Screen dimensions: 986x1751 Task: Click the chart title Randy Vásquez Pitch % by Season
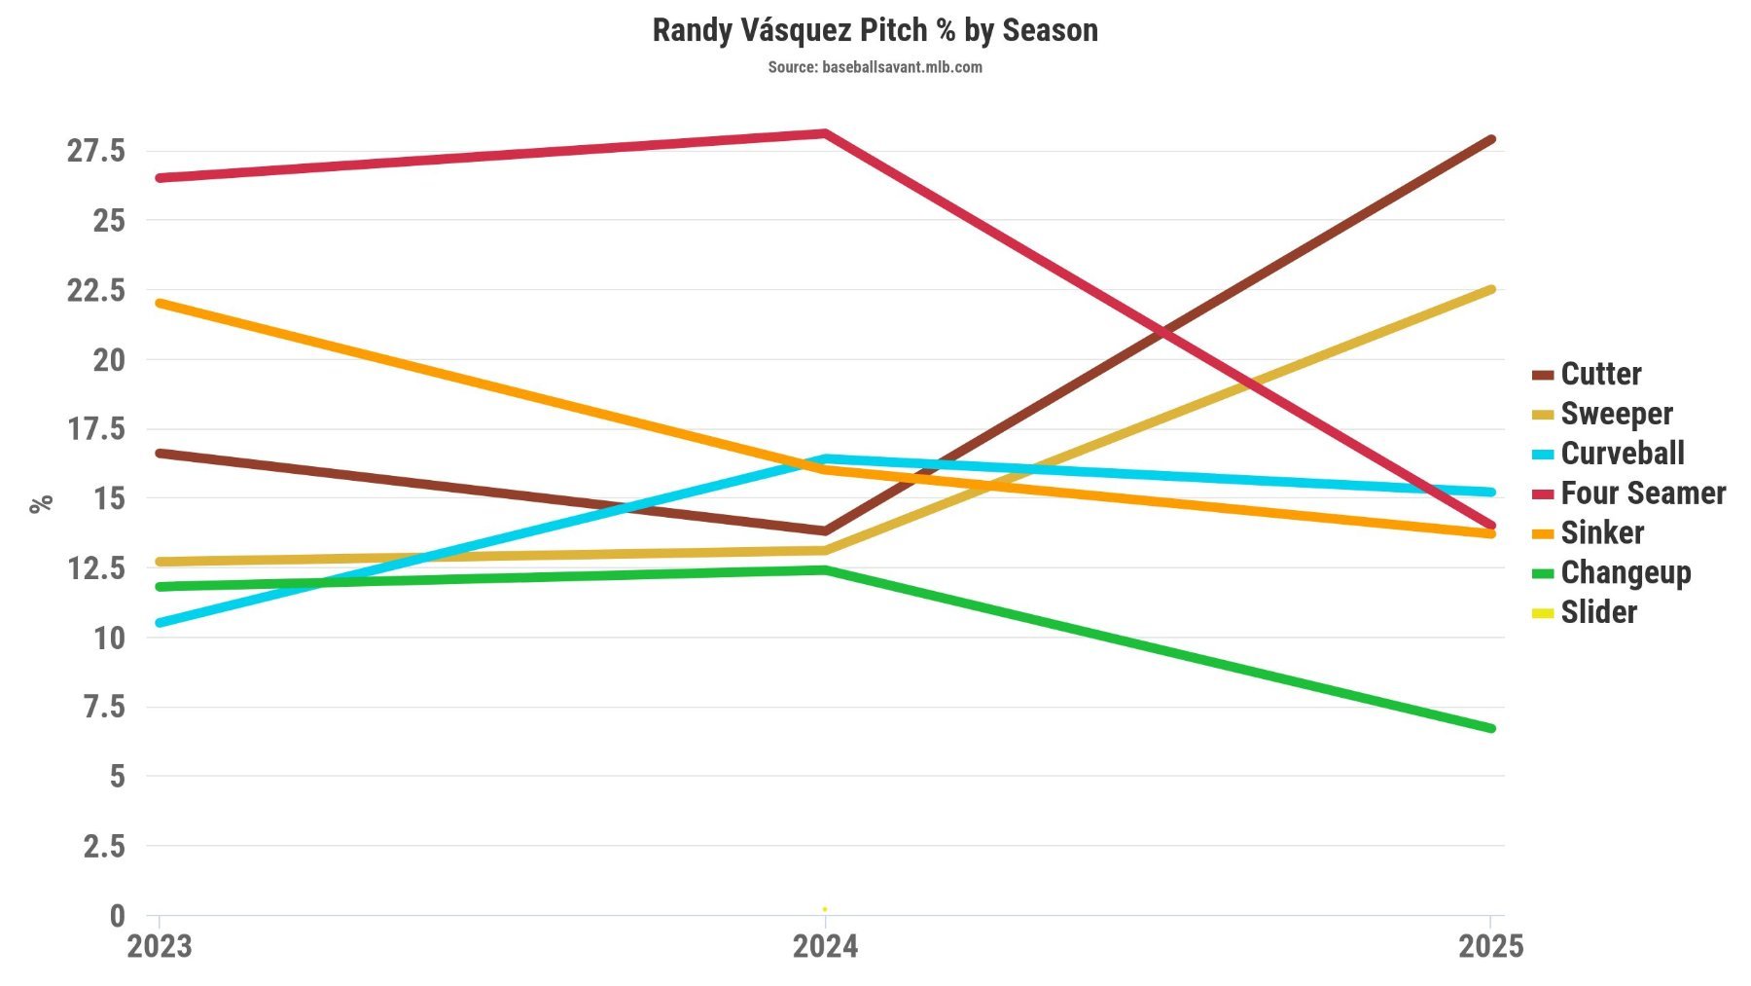[875, 30]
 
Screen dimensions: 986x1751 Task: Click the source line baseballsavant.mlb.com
[875, 67]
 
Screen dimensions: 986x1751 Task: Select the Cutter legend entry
[1600, 374]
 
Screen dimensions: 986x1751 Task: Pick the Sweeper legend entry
[1616, 414]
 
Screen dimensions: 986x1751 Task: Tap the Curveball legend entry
[1622, 454]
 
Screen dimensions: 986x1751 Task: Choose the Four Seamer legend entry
[1642, 493]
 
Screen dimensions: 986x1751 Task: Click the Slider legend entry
[1598, 612]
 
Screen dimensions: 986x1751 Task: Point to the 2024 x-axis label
[825, 946]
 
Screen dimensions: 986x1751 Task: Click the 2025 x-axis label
[1490, 946]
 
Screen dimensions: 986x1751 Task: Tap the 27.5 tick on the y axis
[96, 151]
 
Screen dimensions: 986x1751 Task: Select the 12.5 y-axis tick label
[96, 568]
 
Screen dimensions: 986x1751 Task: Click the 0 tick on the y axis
[118, 916]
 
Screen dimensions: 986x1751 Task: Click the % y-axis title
[41, 503]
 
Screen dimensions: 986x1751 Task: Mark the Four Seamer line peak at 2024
[825, 133]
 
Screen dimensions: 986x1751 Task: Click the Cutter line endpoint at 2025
[1490, 140]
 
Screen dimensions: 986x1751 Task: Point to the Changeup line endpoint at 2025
[1490, 728]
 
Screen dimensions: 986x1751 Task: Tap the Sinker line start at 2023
[160, 304]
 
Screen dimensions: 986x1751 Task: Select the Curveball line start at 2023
[160, 623]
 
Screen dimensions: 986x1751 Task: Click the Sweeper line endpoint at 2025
[1490, 290]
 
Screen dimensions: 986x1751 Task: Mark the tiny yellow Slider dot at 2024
[825, 909]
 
